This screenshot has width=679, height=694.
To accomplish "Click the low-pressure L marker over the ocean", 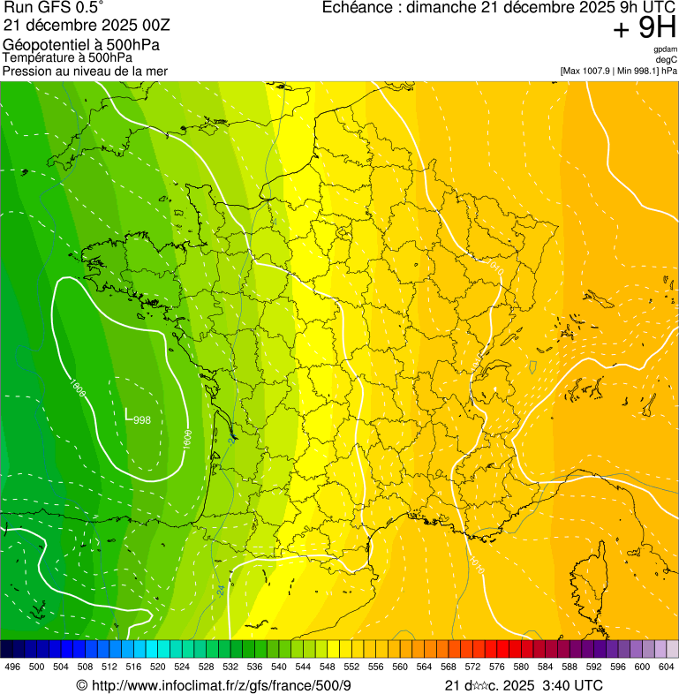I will (x=129, y=413).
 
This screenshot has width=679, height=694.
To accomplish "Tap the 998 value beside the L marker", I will (x=142, y=420).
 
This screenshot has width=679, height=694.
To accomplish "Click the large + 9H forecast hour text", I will (x=644, y=29).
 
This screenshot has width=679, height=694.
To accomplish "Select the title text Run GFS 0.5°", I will (x=53, y=9).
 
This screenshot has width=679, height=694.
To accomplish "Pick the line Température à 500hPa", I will (x=67, y=57).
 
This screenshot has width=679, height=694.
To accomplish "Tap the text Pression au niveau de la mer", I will (x=85, y=71).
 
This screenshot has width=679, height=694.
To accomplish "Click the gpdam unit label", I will (x=666, y=50).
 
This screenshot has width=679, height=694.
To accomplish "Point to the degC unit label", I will (x=667, y=60).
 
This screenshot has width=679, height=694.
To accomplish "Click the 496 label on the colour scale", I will (x=12, y=667).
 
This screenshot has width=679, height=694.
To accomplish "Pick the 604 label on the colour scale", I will (x=667, y=667).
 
